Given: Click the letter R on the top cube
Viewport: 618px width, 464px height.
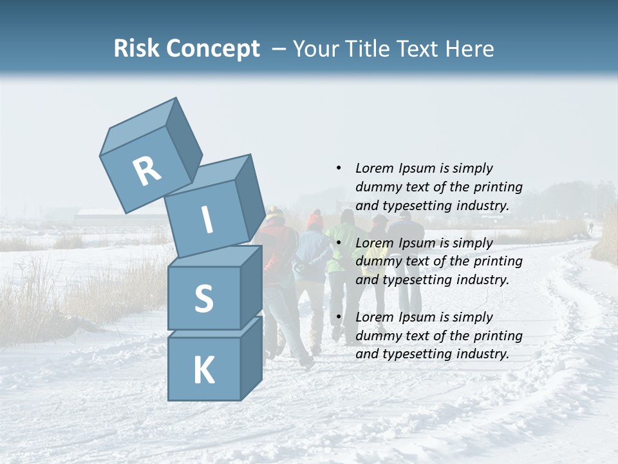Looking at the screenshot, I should coord(147,171).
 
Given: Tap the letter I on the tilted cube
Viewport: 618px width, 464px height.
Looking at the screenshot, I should coord(207,220).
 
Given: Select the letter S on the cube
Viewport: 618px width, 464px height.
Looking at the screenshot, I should coord(203,299).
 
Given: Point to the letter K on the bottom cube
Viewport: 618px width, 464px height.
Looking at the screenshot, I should coord(203,371).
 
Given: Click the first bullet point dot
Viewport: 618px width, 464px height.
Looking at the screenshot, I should coord(339,168).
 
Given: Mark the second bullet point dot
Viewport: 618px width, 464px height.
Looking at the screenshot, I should coord(339,243).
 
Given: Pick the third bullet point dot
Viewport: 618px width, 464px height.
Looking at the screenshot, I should coord(339,317).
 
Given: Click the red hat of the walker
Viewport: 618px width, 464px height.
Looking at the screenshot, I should coord(315,220).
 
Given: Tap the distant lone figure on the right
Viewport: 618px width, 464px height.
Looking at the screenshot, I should coord(590,227).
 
